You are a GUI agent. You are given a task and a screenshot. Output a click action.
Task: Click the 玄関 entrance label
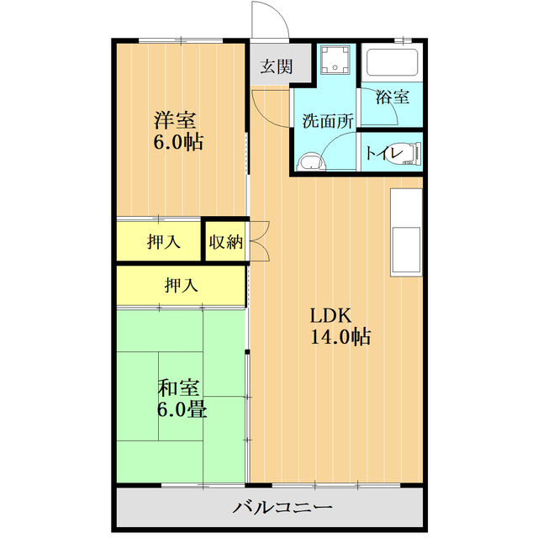(x=271, y=67)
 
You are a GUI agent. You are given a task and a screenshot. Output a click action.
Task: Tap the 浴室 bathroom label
(x=393, y=97)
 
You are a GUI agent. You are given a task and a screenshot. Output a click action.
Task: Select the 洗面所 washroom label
(x=328, y=120)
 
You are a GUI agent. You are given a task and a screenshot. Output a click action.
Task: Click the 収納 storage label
(x=225, y=242)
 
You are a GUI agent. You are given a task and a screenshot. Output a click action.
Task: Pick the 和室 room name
(x=178, y=388)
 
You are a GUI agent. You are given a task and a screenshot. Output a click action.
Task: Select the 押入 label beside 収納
(x=163, y=242)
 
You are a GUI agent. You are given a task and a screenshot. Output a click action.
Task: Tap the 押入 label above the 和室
(x=181, y=286)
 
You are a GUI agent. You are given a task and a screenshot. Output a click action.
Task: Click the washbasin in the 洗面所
(x=312, y=162)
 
